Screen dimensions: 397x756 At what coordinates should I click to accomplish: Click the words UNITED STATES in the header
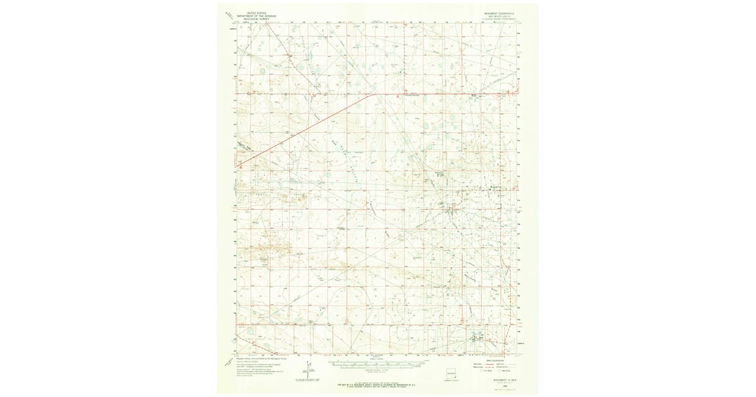(256, 12)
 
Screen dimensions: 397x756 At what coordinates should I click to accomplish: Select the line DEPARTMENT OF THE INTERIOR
(256, 15)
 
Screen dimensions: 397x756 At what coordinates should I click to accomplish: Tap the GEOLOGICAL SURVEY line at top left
(256, 18)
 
